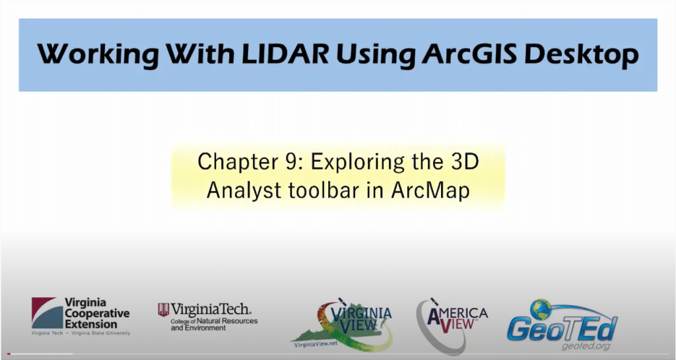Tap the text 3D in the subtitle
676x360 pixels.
pos(465,162)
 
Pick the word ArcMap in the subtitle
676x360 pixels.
pos(430,191)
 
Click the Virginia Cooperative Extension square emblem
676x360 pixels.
pos(47,313)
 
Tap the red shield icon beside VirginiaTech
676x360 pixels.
pos(164,310)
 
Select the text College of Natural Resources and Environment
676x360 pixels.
pos(214,324)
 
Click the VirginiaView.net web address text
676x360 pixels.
pos(316,344)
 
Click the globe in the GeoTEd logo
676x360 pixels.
pos(540,310)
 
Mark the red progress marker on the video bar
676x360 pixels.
pos(9,355)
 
